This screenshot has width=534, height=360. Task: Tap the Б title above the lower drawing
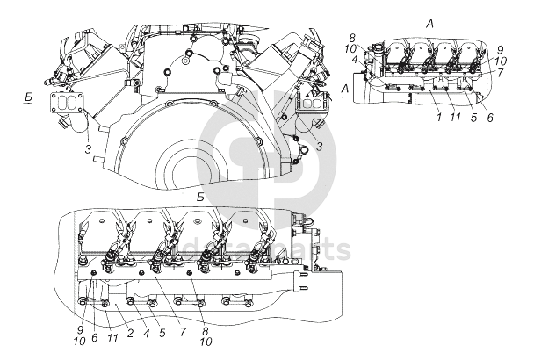(201, 199)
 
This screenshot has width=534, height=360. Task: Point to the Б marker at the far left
(28, 100)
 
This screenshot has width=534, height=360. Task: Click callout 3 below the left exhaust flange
(88, 151)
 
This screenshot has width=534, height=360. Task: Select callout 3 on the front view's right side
(320, 146)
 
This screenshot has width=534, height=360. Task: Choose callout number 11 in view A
(455, 117)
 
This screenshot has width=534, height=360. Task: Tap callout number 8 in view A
(351, 39)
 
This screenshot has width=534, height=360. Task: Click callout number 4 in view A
(354, 60)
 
